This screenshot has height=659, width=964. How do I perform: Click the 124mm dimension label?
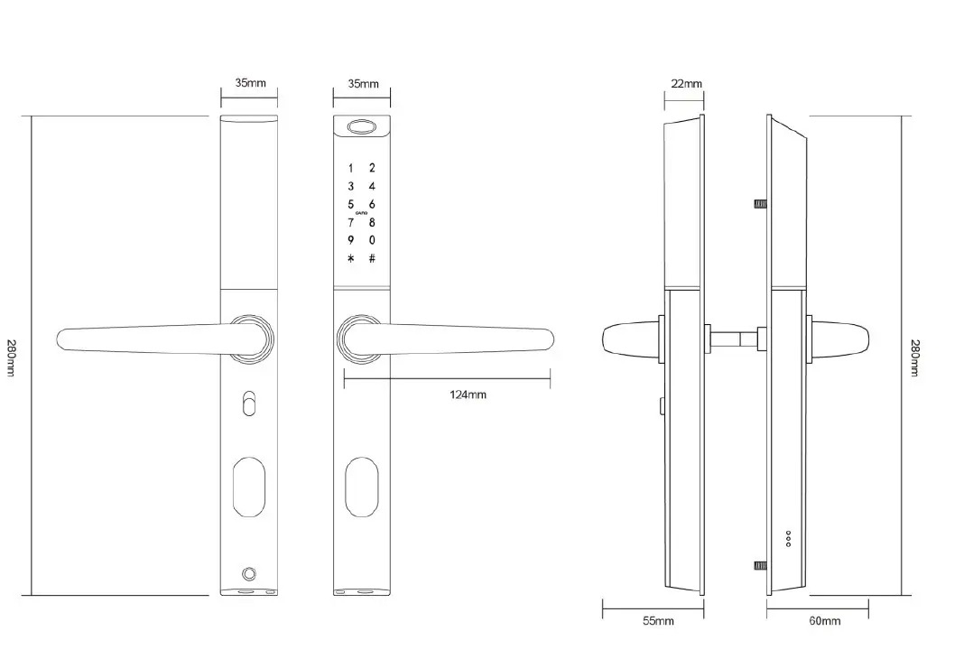click(468, 394)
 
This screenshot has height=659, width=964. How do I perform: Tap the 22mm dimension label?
click(686, 84)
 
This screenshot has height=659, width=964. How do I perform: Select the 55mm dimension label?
click(658, 621)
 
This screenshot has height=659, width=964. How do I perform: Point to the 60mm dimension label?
click(824, 621)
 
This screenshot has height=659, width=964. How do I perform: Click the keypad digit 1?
click(351, 168)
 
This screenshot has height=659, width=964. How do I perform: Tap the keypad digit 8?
click(371, 223)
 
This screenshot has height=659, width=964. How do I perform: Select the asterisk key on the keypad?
click(351, 259)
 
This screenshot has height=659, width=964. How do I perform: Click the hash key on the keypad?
click(372, 259)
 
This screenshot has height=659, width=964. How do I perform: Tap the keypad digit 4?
click(371, 186)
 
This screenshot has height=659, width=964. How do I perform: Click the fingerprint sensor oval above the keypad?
click(361, 127)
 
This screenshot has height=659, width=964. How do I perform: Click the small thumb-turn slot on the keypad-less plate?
click(249, 403)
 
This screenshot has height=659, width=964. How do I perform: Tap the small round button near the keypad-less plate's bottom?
click(248, 574)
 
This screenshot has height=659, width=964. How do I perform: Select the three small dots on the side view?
click(788, 539)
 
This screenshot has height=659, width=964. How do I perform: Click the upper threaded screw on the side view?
click(760, 203)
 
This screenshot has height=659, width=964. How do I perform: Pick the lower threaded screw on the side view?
click(760, 565)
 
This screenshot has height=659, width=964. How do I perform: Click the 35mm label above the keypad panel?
click(364, 84)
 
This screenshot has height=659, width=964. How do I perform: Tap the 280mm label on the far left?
click(12, 357)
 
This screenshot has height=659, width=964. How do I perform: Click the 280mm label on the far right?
click(915, 357)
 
